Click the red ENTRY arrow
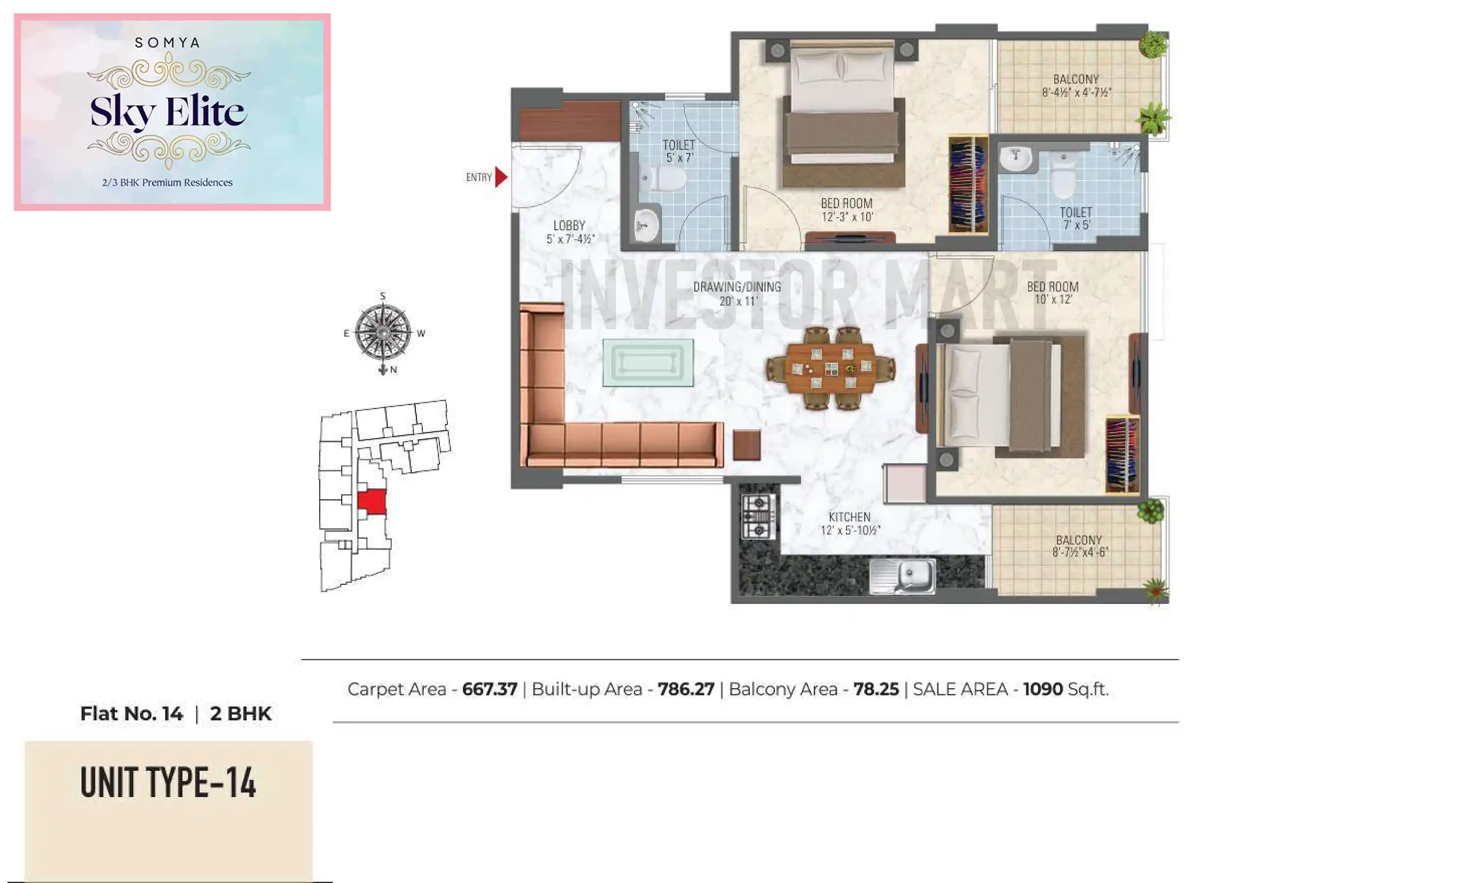[x=501, y=177]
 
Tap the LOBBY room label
[x=570, y=232]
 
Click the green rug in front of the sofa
[x=648, y=363]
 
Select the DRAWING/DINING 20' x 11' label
[x=737, y=294]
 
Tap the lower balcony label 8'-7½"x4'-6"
[x=1079, y=545]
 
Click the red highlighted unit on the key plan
[x=373, y=502]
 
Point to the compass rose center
[x=383, y=333]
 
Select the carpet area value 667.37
[x=490, y=689]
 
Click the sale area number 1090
[x=1042, y=689]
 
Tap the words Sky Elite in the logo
[x=167, y=112]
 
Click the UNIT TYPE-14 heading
[x=168, y=782]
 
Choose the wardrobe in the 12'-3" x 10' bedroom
[x=967, y=184]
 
